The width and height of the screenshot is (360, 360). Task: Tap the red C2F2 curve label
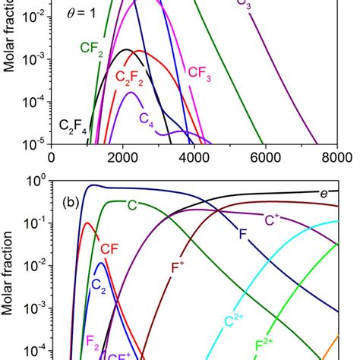(x=130, y=77)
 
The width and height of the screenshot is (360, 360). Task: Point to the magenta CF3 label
(x=200, y=74)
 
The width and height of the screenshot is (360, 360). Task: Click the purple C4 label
(x=146, y=118)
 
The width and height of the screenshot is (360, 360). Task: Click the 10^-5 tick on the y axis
(x=33, y=143)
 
